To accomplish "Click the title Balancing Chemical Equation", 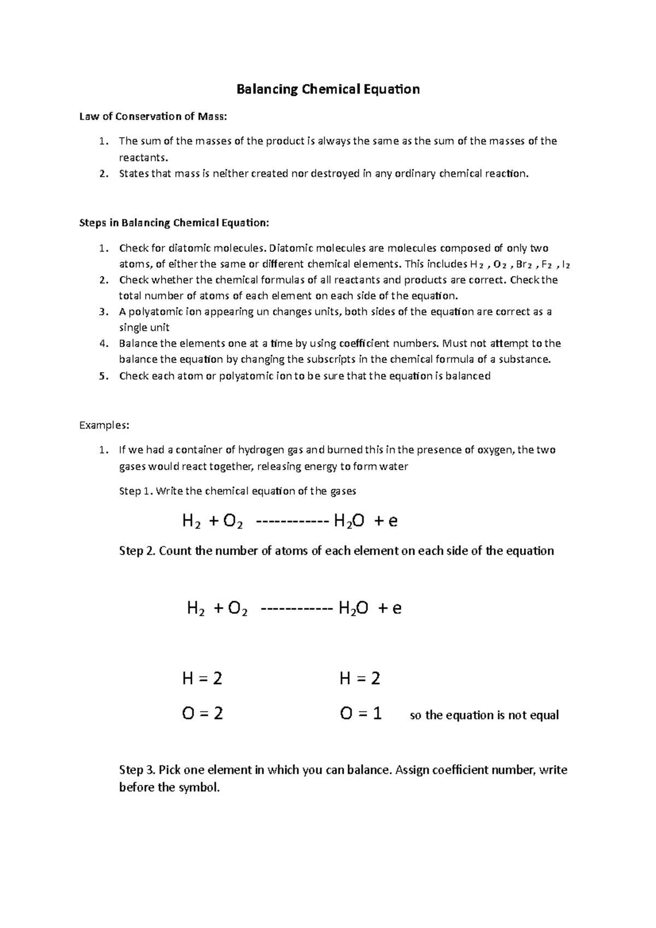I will point(327,89).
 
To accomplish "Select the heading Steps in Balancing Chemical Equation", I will point(174,223).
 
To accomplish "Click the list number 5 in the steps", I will point(103,376).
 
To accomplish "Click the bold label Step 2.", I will point(137,551).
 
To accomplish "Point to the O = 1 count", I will point(360,714).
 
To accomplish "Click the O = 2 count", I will point(202,714).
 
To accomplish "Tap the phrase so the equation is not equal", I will point(484,715).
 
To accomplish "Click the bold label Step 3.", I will point(137,770).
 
